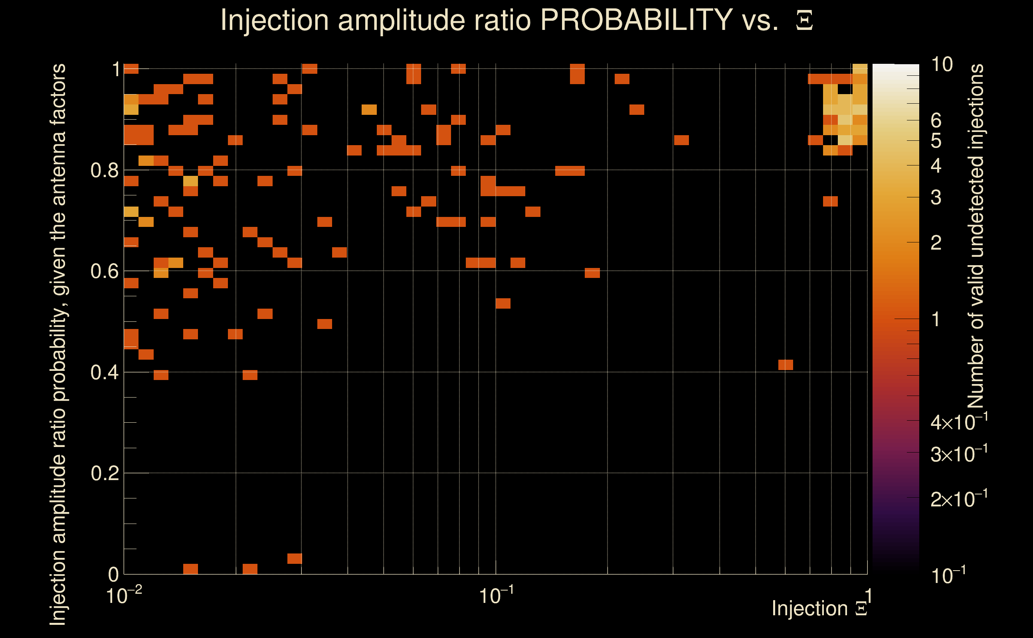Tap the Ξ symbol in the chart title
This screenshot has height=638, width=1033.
[x=804, y=20]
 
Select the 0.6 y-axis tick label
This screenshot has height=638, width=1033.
[x=104, y=271]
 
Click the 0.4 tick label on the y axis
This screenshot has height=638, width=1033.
[x=104, y=372]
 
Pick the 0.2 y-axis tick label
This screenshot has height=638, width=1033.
[x=104, y=473]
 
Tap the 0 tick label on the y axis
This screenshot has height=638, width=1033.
[x=113, y=574]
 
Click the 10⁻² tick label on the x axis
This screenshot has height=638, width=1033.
[x=124, y=596]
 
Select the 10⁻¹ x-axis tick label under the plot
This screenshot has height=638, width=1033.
[x=496, y=596]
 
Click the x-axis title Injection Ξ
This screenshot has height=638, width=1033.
[x=819, y=608]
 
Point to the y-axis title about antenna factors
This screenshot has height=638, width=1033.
[x=58, y=344]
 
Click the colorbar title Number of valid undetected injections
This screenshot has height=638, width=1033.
[x=976, y=236]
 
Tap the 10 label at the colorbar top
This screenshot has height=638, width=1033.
[x=941, y=65]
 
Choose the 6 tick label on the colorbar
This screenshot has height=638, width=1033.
[x=936, y=121]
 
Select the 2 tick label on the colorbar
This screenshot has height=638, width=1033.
[x=936, y=242]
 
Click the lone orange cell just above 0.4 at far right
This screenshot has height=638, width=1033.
[x=786, y=365]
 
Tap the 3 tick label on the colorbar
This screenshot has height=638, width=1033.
[x=936, y=197]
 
